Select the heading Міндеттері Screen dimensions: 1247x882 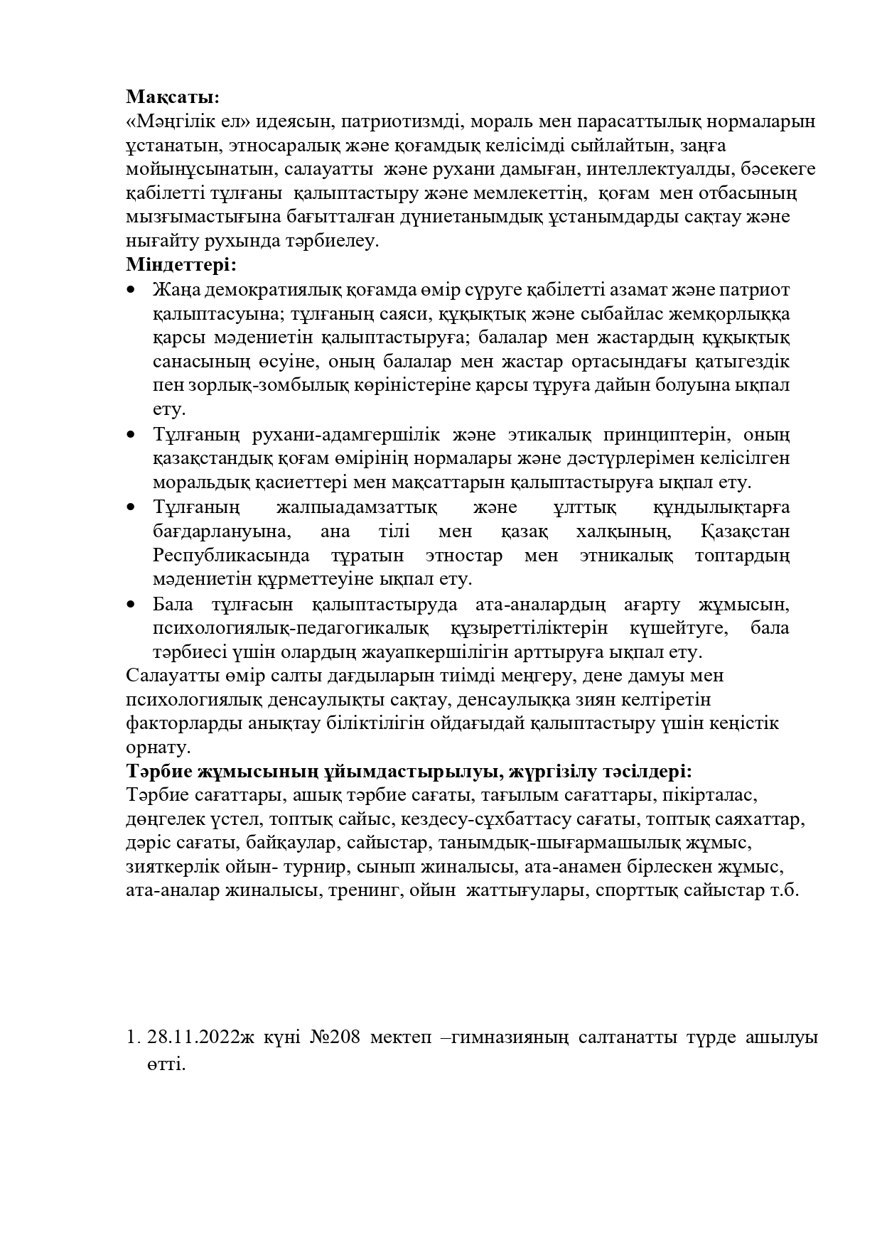coord(181,266)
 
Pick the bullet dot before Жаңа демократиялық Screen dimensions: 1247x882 coord(129,291)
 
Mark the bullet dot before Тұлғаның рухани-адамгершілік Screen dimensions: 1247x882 coord(129,435)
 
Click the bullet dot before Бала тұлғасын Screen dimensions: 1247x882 coord(129,605)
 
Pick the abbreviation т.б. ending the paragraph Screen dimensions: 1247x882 coord(785,891)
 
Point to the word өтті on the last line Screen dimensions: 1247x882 coord(166,1065)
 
